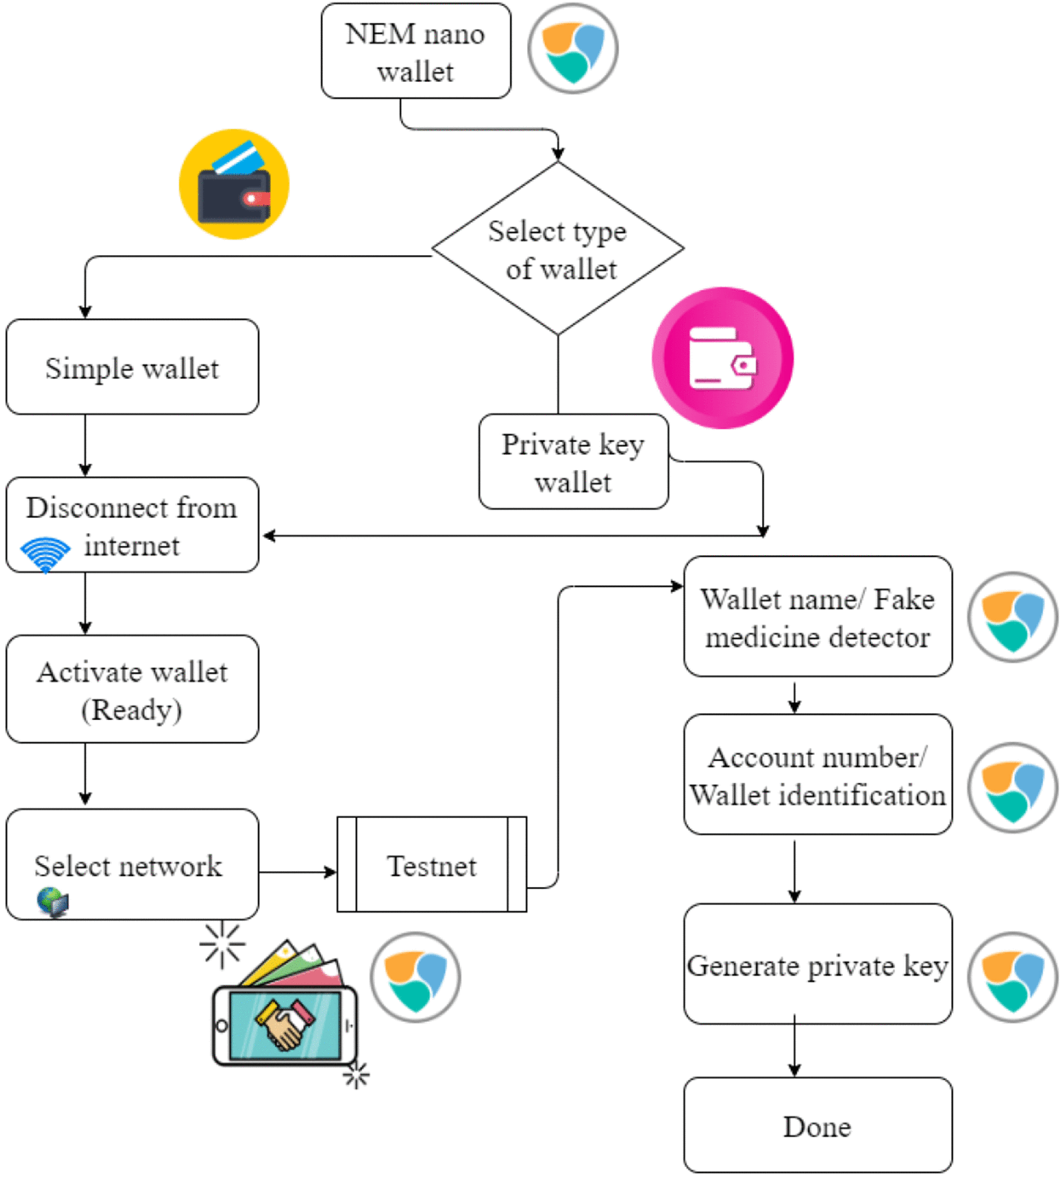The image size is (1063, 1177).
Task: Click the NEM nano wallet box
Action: pos(415,51)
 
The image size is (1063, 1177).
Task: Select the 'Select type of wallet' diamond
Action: pos(558,248)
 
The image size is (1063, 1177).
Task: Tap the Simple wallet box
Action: pos(132,368)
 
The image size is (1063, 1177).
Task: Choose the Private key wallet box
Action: pos(573,462)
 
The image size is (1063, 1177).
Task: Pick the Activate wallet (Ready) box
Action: pos(132,689)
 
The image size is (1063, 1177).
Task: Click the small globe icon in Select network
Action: pos(52,902)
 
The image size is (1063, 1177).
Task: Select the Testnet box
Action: pos(431,865)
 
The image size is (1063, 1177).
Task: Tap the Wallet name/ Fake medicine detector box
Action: pos(818,617)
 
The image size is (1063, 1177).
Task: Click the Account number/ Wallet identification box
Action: pos(818,775)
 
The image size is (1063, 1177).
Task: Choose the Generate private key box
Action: pos(818,964)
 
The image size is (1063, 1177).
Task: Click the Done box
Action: pos(818,1125)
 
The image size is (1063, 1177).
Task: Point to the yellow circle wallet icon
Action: pos(234,185)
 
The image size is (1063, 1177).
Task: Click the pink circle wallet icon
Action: pos(722,358)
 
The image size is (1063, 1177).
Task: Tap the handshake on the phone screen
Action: pos(285,1024)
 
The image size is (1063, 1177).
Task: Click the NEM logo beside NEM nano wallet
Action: pos(573,49)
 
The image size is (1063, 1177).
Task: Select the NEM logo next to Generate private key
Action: pos(1012,977)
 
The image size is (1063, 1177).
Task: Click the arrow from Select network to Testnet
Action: pos(298,872)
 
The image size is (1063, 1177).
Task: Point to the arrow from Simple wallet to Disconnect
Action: pos(85,446)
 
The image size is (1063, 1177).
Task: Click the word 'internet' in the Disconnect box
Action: pos(131,546)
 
